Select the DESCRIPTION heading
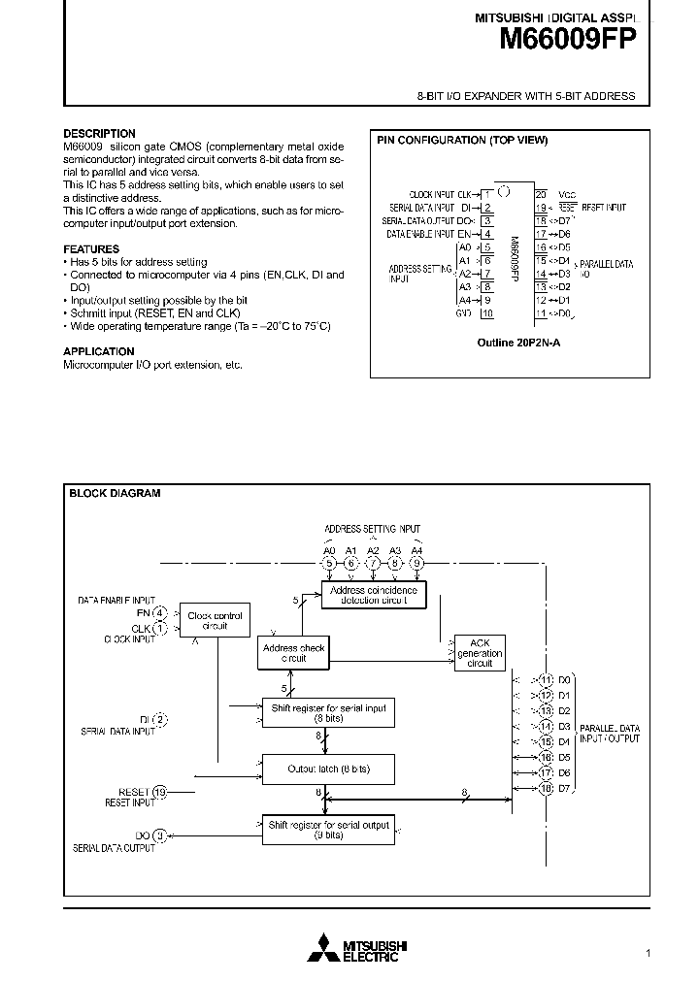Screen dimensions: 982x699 (x=99, y=134)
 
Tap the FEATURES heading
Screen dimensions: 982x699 (x=91, y=249)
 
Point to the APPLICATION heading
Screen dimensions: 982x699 (x=99, y=351)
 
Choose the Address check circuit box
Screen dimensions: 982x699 (x=293, y=652)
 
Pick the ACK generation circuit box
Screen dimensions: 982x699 (x=480, y=652)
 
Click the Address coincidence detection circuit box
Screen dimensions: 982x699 (x=374, y=595)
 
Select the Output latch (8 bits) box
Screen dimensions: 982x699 (x=329, y=769)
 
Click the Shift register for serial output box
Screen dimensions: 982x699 (x=329, y=830)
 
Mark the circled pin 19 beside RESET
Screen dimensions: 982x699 (x=160, y=792)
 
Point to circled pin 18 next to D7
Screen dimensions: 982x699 (x=547, y=789)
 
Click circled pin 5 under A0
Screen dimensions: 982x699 (x=329, y=563)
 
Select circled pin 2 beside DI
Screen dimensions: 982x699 (x=160, y=719)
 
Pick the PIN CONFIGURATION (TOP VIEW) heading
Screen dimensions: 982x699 (x=462, y=141)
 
